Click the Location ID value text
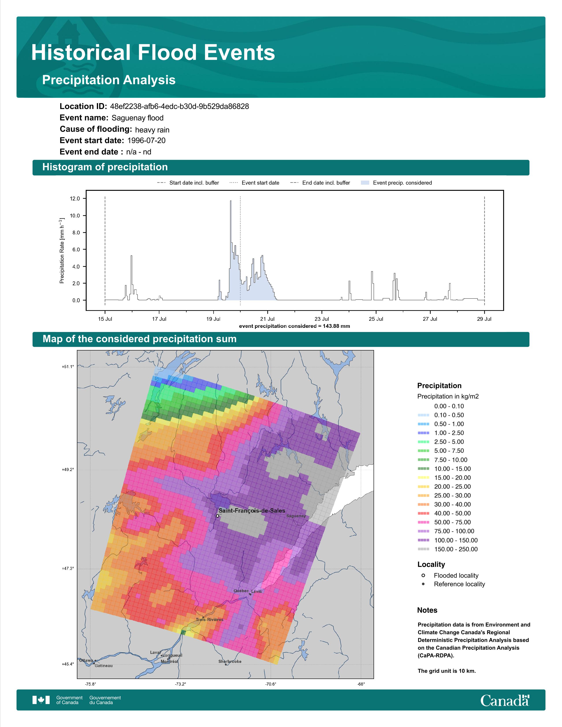pos(179,107)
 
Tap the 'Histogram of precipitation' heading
pos(105,167)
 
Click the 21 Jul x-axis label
pos(267,319)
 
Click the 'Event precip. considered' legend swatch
pos(365,183)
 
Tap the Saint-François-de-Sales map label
pos(252,511)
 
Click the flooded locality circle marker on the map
pos(217,516)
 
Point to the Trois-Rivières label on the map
pos(209,619)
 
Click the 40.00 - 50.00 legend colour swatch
pos(423,514)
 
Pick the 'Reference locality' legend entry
pos(453,584)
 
